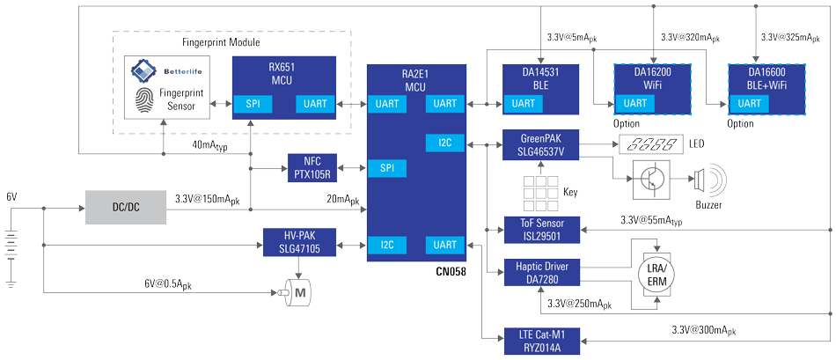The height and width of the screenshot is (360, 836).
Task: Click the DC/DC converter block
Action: coord(126,207)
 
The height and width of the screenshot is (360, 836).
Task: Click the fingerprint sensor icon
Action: coord(143,99)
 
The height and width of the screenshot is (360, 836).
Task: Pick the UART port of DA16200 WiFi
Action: coord(634,104)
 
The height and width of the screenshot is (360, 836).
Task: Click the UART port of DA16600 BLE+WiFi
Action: coord(749,104)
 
